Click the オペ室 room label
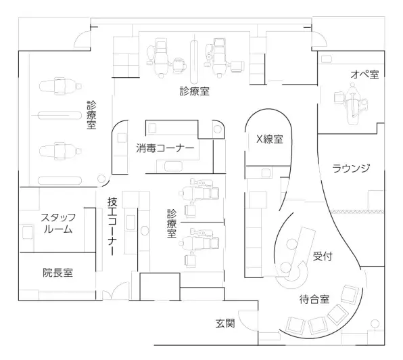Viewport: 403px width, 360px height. pos(364,74)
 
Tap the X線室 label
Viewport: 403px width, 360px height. pos(270,139)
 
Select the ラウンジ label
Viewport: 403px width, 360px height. pos(351,168)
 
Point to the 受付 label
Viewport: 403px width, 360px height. pos(323,256)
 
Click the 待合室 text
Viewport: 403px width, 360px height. pos(314,299)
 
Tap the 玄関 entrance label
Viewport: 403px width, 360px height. pos(225,323)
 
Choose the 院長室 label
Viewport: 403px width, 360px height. pos(58,273)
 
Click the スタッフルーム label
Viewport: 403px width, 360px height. pos(58,223)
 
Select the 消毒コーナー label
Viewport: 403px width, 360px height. pos(165,148)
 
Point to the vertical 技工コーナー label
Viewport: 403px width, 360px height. pos(112,226)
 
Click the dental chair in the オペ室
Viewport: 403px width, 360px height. pos(352,103)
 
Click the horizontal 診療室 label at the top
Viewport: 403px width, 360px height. pos(195,91)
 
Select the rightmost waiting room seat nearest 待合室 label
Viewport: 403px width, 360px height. pos(350,294)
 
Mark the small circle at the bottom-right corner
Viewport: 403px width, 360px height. pos(375,323)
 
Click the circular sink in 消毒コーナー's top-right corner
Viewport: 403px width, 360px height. pos(218,129)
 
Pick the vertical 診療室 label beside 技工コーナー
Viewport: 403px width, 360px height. pos(172,223)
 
